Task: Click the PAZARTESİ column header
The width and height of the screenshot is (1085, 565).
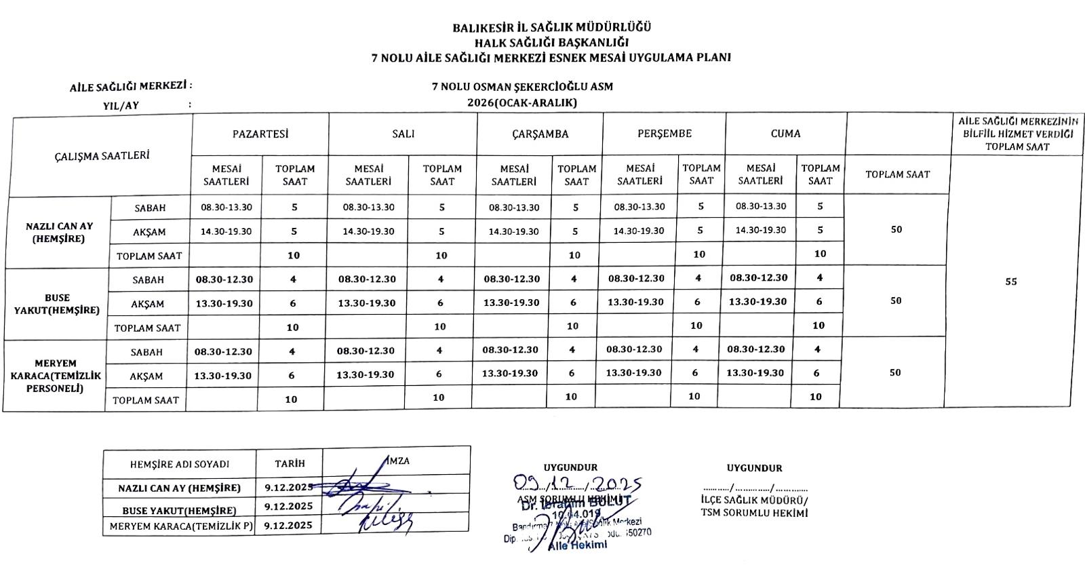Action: point(260,134)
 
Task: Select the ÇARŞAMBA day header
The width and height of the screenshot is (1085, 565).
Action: point(540,134)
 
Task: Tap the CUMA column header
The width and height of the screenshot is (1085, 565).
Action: point(785,134)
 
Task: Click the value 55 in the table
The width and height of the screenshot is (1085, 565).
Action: point(1011,282)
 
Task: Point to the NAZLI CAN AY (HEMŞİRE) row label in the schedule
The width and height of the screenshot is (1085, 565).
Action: point(59,232)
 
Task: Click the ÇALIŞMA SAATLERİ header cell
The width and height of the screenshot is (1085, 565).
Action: point(102,155)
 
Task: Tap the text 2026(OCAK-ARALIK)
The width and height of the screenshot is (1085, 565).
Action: point(521,103)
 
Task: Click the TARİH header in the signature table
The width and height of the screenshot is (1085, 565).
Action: point(290,464)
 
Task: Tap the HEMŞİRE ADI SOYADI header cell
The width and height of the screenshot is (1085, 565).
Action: point(179,465)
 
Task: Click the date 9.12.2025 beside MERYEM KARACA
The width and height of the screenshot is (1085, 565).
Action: point(288,525)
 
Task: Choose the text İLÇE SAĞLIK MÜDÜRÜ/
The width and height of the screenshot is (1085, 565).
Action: point(754,501)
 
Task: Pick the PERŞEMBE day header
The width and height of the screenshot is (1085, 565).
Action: point(665,134)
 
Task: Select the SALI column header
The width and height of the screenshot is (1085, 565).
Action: point(403,134)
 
